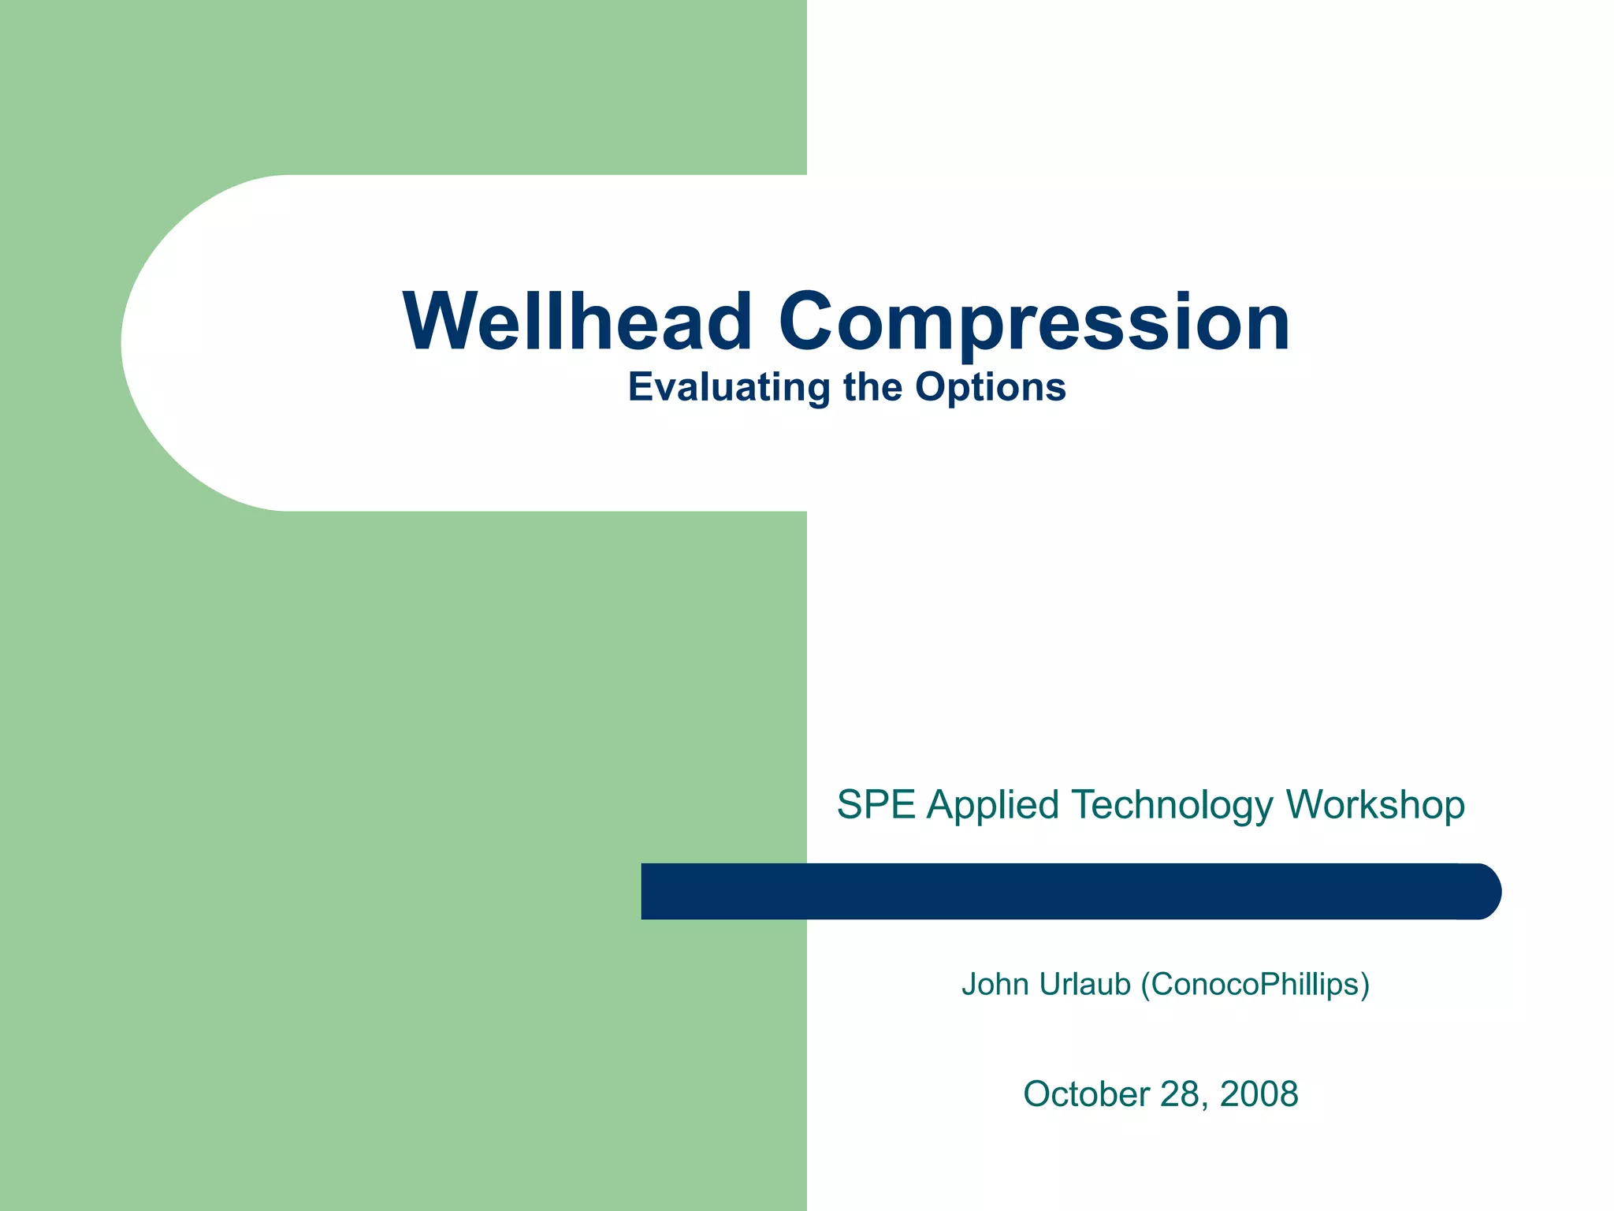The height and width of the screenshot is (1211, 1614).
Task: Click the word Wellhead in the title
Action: pyautogui.click(x=578, y=322)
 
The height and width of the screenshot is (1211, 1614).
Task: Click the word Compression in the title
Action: pyautogui.click(x=1034, y=322)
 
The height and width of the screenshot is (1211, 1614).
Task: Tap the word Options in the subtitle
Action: pyautogui.click(x=991, y=388)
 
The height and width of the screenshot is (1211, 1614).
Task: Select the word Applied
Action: pyautogui.click(x=992, y=805)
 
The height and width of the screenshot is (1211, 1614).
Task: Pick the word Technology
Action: pyautogui.click(x=1172, y=805)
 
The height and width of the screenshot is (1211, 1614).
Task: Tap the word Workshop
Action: pyautogui.click(x=1375, y=805)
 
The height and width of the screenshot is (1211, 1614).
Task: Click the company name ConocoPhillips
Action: pyautogui.click(x=1256, y=985)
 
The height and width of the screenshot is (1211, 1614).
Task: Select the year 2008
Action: pyautogui.click(x=1259, y=1094)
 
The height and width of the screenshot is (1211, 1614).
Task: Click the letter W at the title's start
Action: pyautogui.click(x=438, y=322)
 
